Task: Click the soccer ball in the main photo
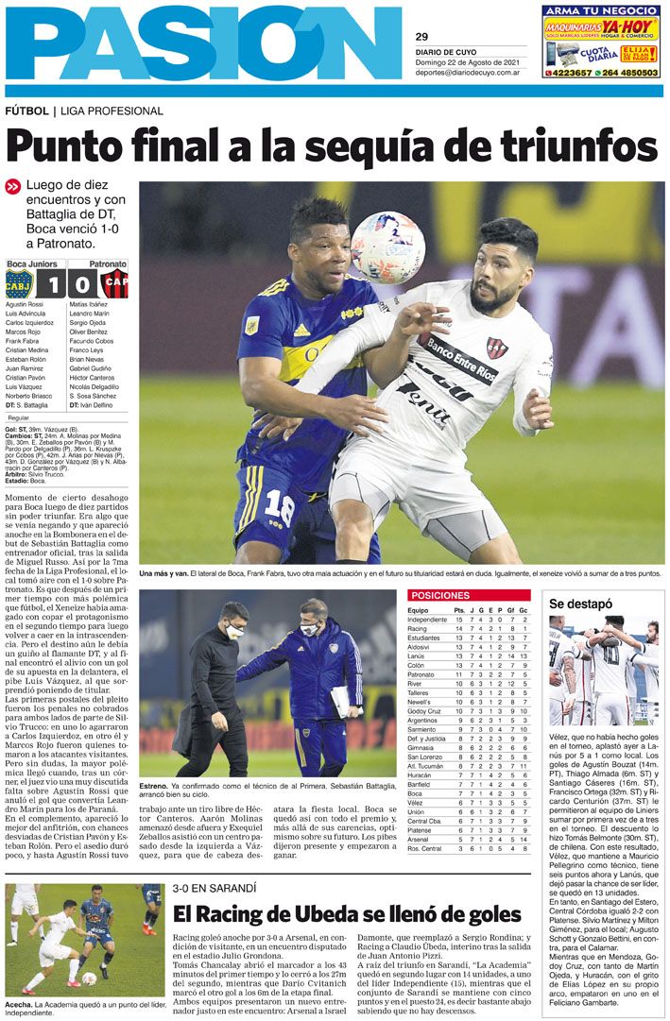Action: tap(387, 247)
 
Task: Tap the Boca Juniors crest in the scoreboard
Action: tap(19, 283)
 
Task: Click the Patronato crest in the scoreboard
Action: tap(114, 283)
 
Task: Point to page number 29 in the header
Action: tap(421, 37)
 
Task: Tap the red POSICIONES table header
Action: tap(439, 596)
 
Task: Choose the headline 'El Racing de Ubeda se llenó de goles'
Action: tap(347, 914)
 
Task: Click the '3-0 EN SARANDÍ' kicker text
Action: tap(215, 889)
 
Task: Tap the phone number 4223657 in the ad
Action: tap(571, 73)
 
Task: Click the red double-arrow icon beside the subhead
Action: tap(13, 187)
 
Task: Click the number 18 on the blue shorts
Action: tap(280, 507)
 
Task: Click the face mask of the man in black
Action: tap(234, 631)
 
